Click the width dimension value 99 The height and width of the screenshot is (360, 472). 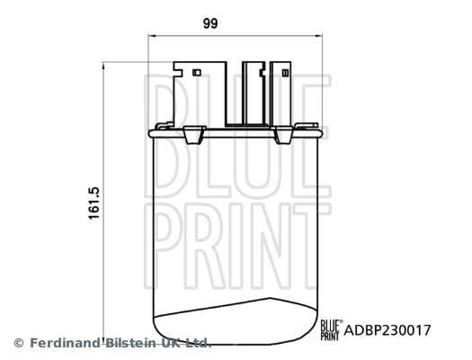tap(211, 24)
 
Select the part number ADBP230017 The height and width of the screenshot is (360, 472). tap(389, 330)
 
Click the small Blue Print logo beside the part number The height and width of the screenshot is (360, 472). tap(330, 329)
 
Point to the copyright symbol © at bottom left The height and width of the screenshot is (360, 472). tap(18, 343)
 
